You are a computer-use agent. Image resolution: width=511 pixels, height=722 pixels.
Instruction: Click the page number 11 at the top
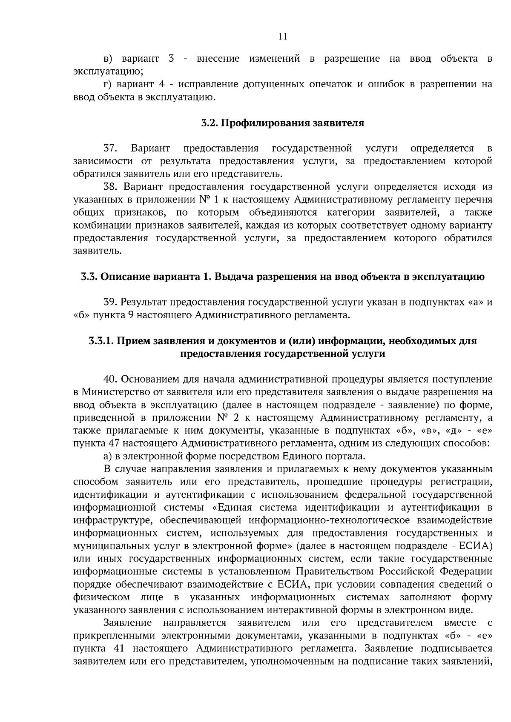tap(283, 37)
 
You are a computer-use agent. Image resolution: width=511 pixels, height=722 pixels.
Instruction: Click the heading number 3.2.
tap(209, 123)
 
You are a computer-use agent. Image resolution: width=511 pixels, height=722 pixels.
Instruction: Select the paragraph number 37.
tap(111, 148)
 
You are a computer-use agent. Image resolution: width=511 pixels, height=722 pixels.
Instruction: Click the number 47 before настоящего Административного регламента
tap(113, 443)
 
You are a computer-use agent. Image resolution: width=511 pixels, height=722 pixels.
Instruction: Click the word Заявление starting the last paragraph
tap(128, 623)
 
